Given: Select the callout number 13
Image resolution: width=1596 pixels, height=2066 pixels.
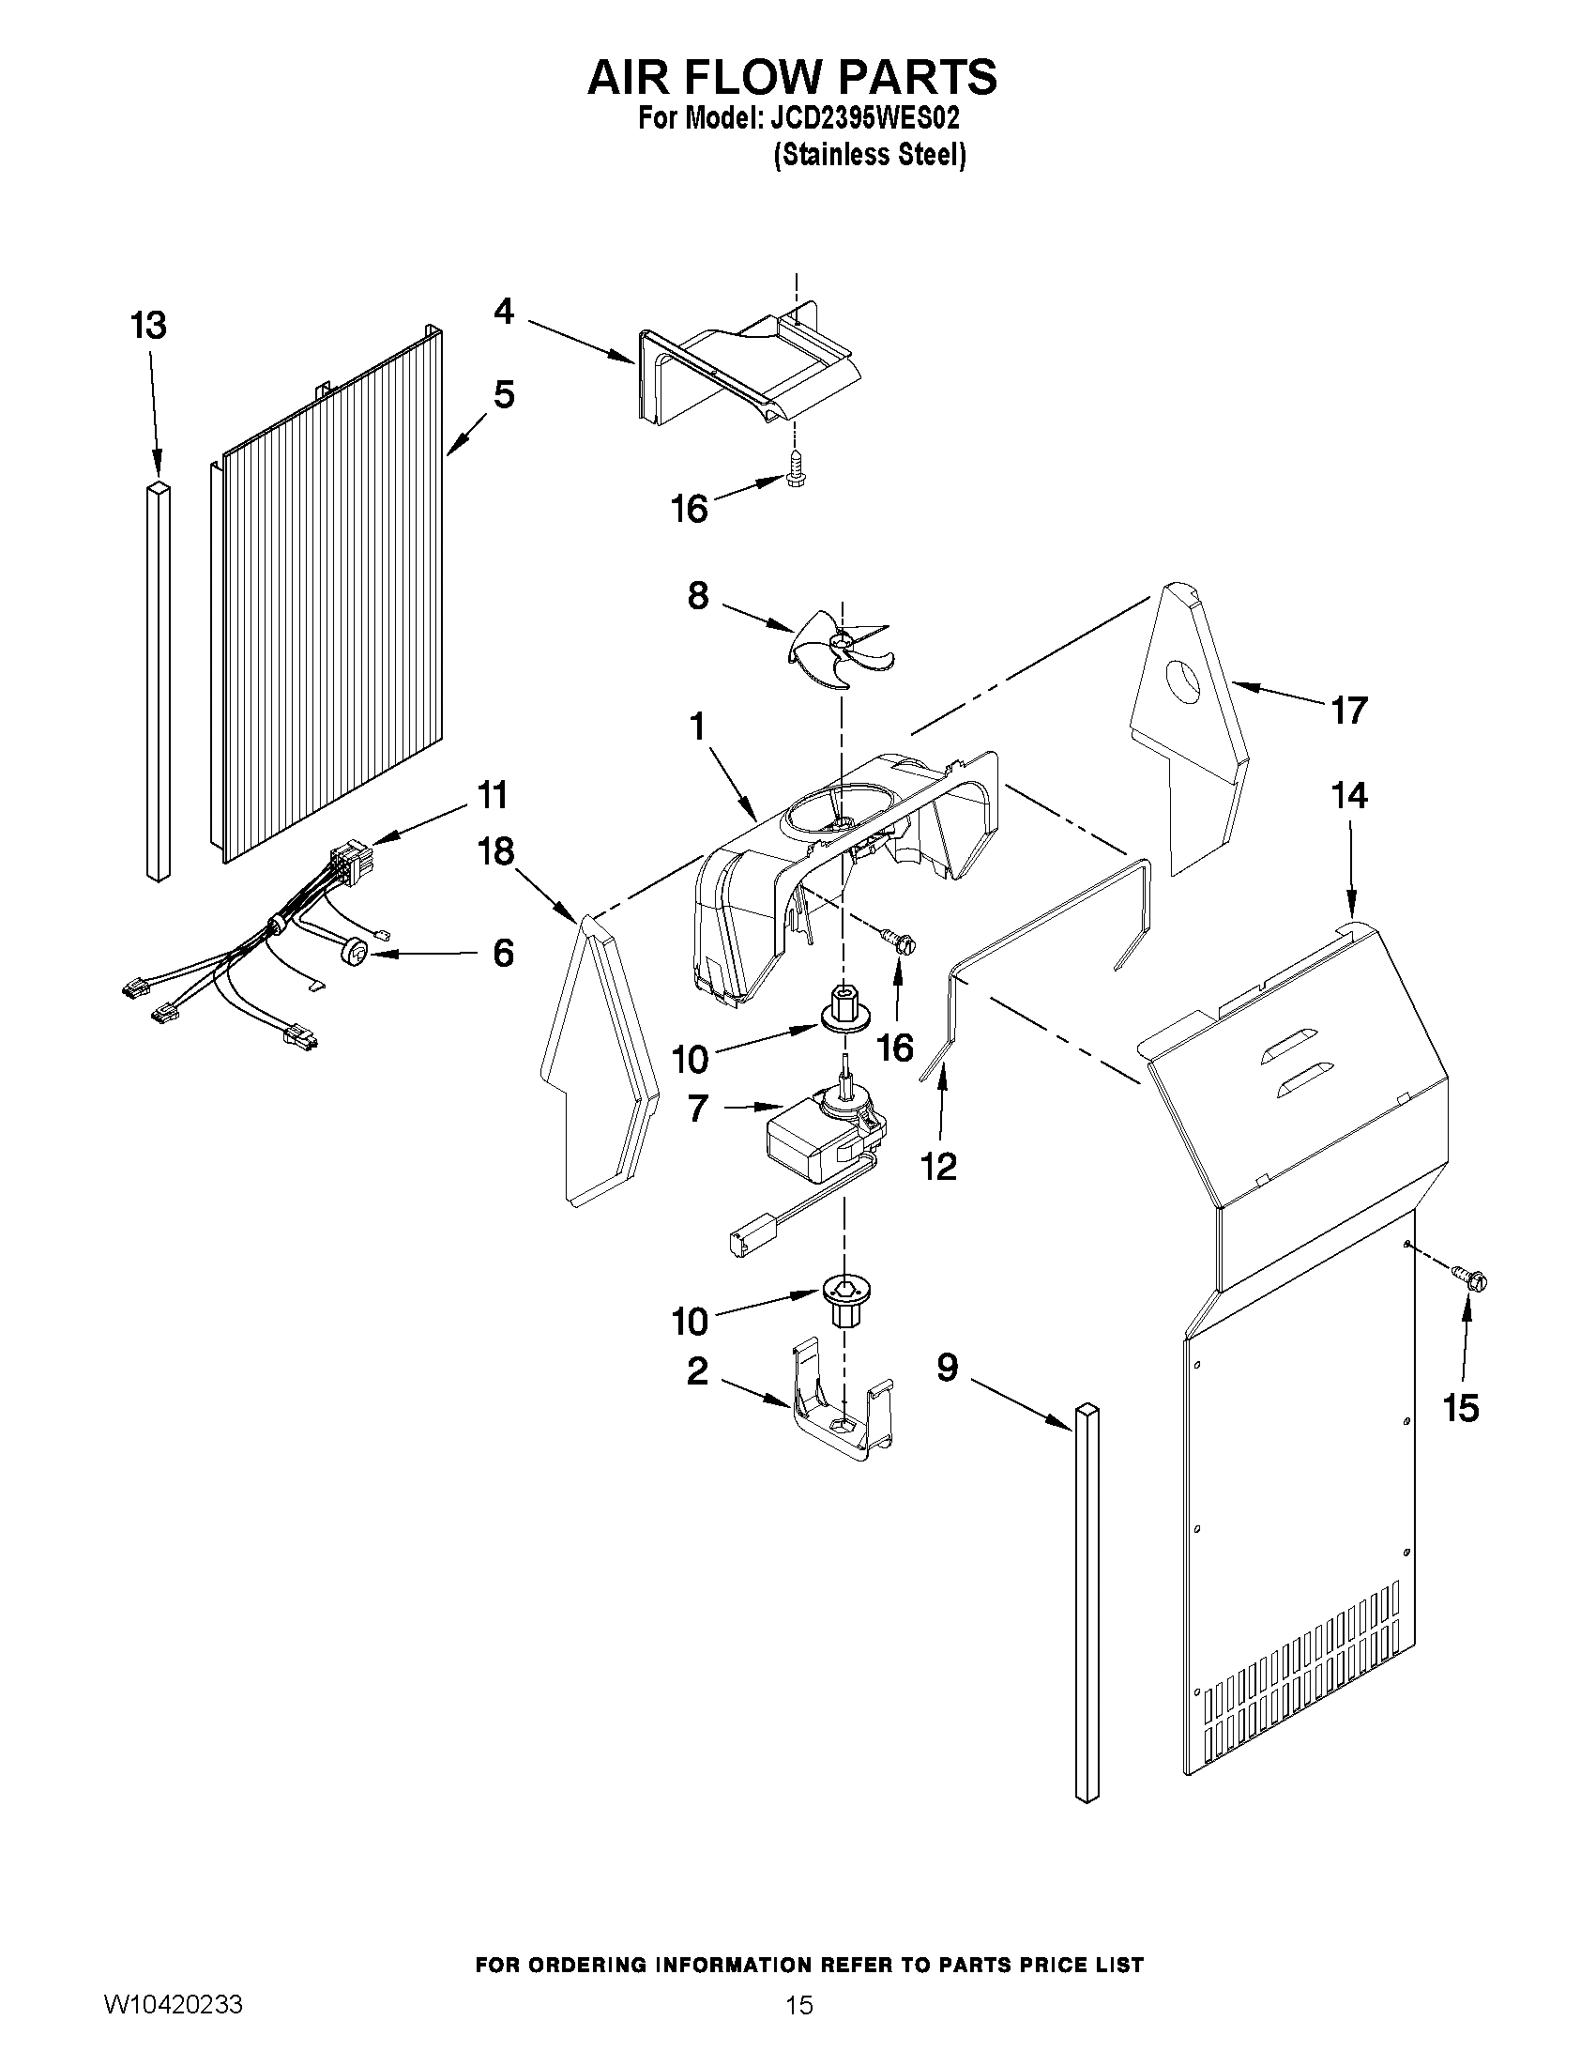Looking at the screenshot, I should [x=148, y=326].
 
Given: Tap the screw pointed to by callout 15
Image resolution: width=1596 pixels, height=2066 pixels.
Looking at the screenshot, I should [x=1470, y=1279].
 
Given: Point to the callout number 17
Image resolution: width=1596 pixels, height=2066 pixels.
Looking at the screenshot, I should [x=1349, y=710].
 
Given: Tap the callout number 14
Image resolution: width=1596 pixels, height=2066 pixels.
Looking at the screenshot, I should [x=1349, y=796].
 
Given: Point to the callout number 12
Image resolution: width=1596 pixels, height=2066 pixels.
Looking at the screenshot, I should [x=939, y=1167].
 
